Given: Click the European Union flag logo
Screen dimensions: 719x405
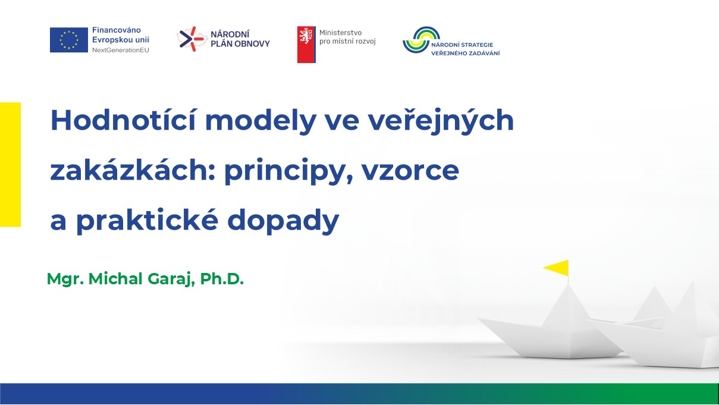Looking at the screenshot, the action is pyautogui.click(x=69, y=40).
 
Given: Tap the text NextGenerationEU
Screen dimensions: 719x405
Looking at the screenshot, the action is pyautogui.click(x=121, y=50).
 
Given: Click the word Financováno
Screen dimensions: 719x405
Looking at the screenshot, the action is pyautogui.click(x=117, y=30).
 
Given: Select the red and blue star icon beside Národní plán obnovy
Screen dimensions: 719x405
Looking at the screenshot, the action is pyautogui.click(x=191, y=39).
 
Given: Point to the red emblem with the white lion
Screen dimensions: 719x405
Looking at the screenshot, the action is pyautogui.click(x=306, y=44).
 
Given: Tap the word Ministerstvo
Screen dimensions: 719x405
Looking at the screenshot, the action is pyautogui.click(x=340, y=33).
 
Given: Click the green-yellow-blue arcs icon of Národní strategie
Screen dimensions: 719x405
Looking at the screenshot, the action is pyautogui.click(x=421, y=39).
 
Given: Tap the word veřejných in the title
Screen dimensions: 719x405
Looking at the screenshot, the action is pyautogui.click(x=441, y=121).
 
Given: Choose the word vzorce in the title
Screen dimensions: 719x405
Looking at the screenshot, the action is pyautogui.click(x=410, y=171).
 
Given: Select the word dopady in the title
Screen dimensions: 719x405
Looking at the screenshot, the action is pyautogui.click(x=283, y=220).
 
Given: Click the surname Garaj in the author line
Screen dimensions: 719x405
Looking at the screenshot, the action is pyautogui.click(x=171, y=279).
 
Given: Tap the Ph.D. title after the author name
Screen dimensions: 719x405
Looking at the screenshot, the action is pyautogui.click(x=222, y=278).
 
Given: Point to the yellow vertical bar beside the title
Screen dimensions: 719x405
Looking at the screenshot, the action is pyautogui.click(x=10, y=164).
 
